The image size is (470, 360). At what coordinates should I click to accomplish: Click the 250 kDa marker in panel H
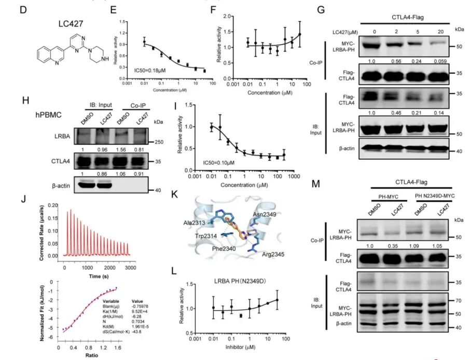[158, 141]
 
